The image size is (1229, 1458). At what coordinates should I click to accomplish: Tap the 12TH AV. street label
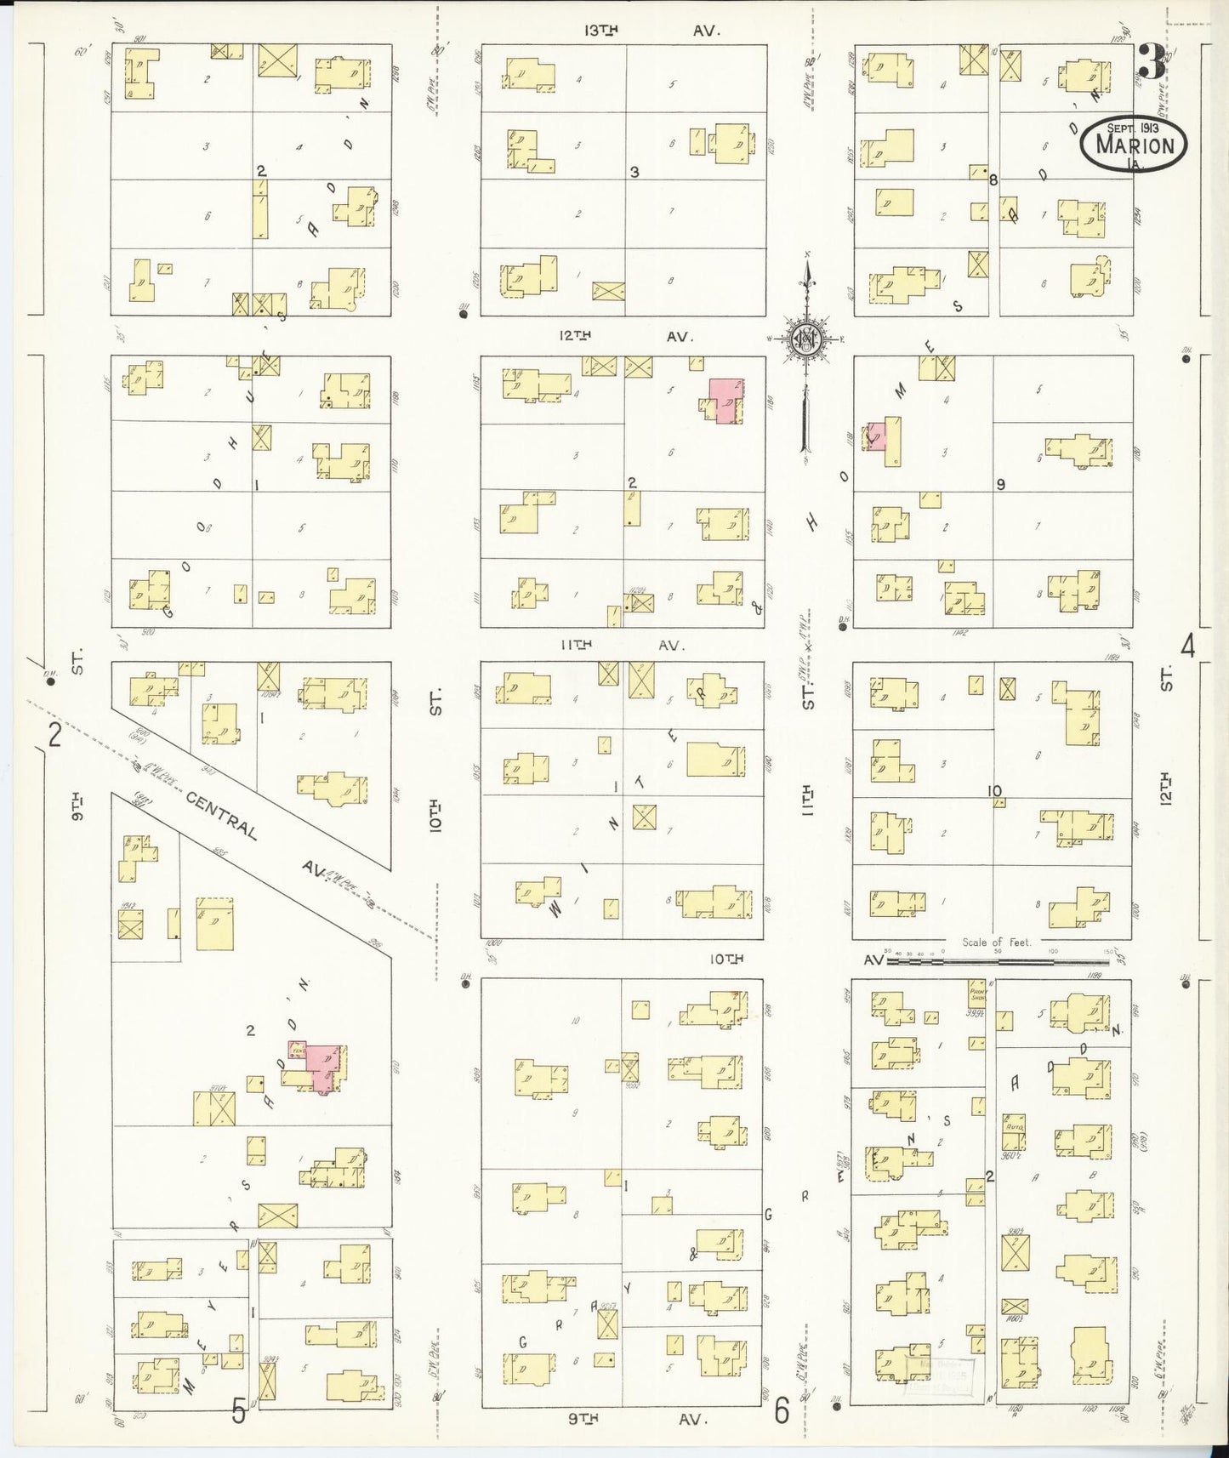click(x=625, y=337)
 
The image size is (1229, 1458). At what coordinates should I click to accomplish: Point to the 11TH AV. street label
click(x=623, y=646)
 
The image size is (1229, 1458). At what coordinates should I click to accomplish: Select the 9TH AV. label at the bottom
click(x=637, y=1419)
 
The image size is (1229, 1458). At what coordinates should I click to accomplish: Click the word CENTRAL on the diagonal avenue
click(x=221, y=816)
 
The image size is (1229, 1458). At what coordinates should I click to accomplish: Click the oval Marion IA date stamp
click(x=1134, y=144)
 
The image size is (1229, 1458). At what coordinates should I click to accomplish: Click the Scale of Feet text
click(x=996, y=943)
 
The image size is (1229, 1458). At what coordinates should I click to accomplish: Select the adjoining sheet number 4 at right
click(x=1187, y=646)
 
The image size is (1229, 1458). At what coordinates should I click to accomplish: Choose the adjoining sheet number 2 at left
click(x=54, y=734)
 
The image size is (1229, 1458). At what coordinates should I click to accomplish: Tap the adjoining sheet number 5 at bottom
click(x=239, y=1413)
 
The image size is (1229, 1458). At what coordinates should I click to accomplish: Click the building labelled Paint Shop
click(x=976, y=993)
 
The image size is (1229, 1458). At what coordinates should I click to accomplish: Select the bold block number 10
click(x=994, y=791)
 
